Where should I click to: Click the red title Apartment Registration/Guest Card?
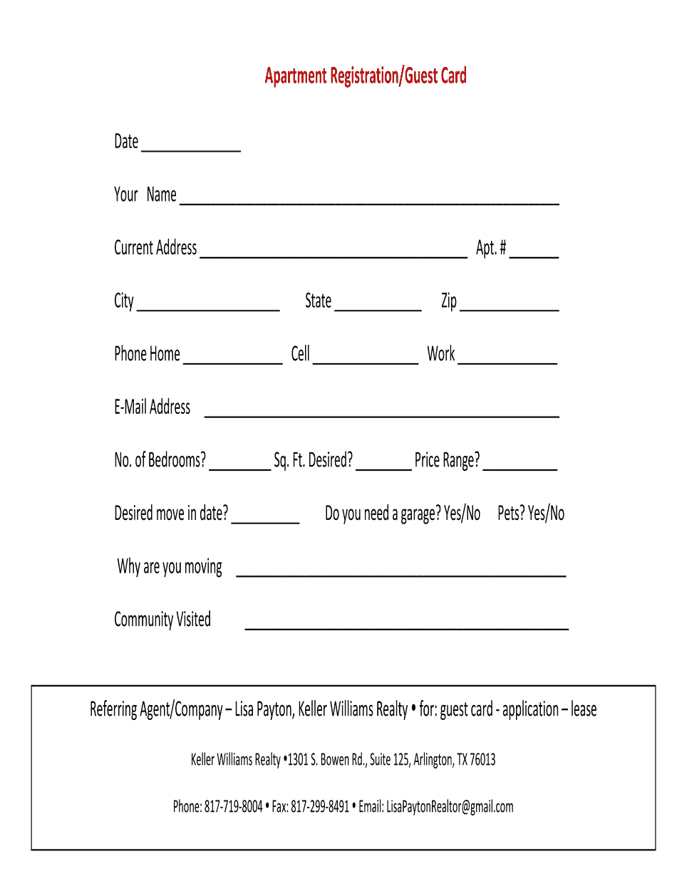pos(365,76)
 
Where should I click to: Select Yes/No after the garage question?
pos(462,513)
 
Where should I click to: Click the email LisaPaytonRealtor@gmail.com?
pos(450,807)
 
